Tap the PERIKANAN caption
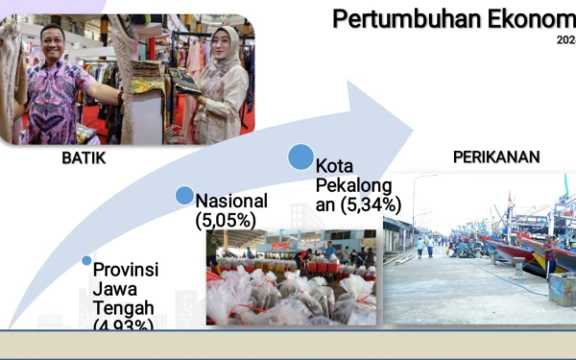coord(495,156)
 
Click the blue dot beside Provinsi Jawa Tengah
coord(87,260)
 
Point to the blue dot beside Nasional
coord(184,196)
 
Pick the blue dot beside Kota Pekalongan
coord(300,156)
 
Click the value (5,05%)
coord(227,221)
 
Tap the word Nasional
coord(231,201)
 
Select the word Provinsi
coord(124,269)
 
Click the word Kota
coord(334,165)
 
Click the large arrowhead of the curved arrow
coord(379,120)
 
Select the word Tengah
coord(119,307)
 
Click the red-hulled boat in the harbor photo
coord(514,252)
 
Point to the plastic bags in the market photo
coord(288,293)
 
